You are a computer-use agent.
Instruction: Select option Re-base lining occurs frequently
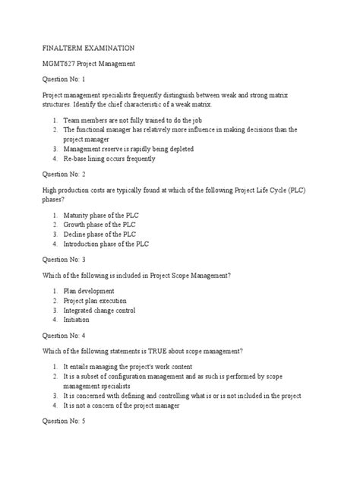click(107, 159)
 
